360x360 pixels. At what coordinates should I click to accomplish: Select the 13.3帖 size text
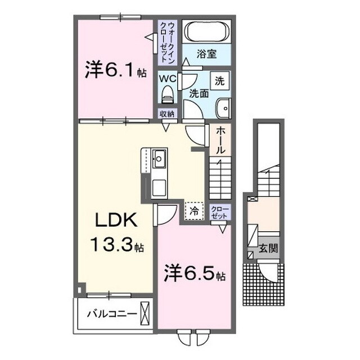(116, 245)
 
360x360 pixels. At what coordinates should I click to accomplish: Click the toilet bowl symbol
(168, 96)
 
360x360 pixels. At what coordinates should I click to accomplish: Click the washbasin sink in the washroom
(224, 106)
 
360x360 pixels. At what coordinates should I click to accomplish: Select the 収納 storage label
(167, 114)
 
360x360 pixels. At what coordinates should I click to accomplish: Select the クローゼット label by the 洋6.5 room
(220, 212)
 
